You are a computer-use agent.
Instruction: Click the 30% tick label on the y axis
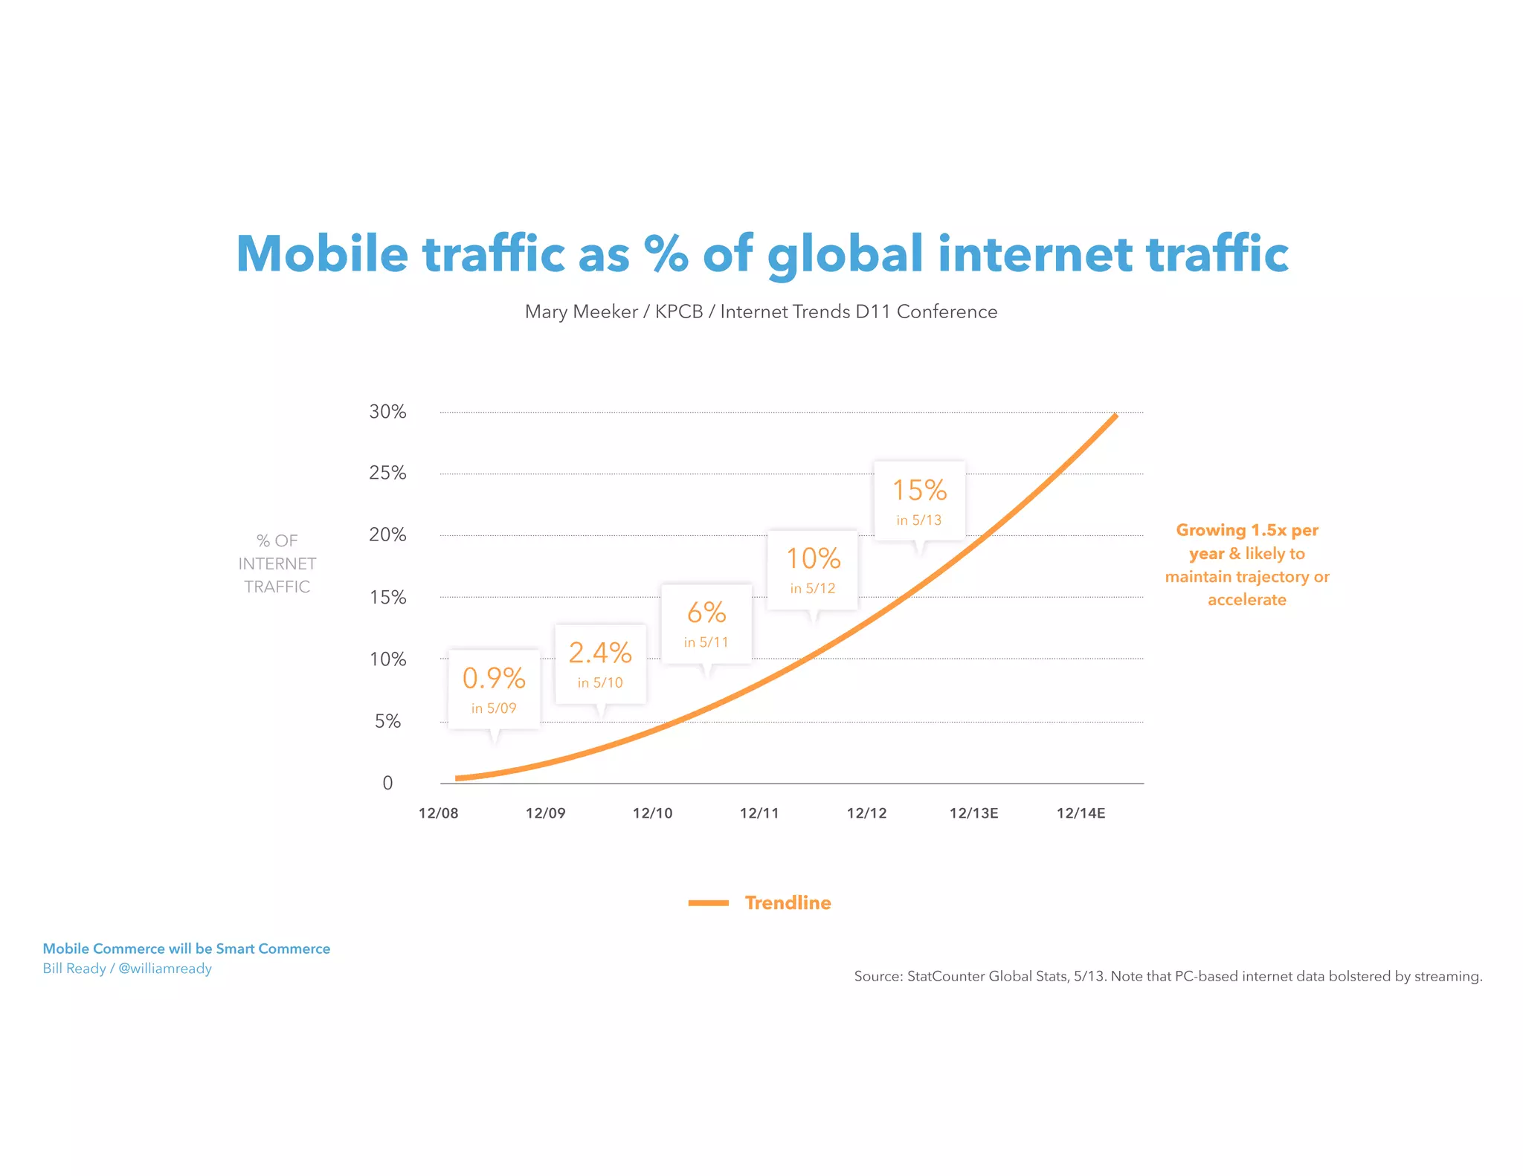(387, 412)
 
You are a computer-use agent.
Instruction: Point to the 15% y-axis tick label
(387, 598)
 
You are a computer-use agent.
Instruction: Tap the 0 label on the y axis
(387, 783)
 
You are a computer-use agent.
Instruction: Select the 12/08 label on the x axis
(439, 813)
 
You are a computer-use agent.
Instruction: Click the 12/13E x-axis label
(973, 813)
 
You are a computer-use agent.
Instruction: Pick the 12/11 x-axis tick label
(759, 813)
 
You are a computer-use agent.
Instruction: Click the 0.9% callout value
(494, 678)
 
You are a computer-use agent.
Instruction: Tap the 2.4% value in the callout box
(600, 653)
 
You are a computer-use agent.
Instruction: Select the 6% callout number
(706, 613)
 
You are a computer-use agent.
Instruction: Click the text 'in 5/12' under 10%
(813, 589)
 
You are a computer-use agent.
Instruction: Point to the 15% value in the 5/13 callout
(919, 491)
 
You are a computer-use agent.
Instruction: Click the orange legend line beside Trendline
(708, 903)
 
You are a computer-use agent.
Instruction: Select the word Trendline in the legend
(788, 903)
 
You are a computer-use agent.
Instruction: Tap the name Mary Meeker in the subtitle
(581, 311)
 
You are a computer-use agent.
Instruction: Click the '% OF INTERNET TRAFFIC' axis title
(277, 563)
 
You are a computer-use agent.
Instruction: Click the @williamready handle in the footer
(165, 969)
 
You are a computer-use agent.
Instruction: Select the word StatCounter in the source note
(946, 976)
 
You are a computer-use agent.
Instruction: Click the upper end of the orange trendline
(1115, 416)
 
